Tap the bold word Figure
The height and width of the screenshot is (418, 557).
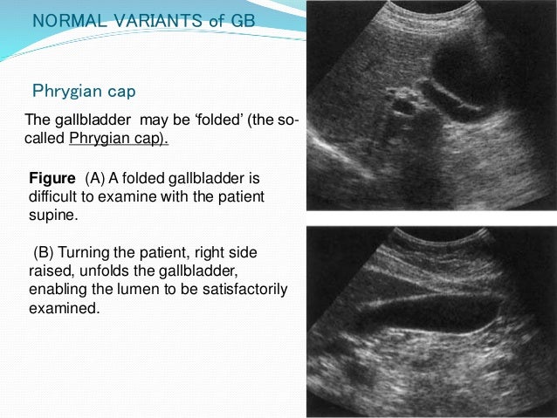click(53, 179)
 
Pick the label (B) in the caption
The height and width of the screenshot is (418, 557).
click(45, 252)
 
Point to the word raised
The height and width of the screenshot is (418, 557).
click(52, 271)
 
